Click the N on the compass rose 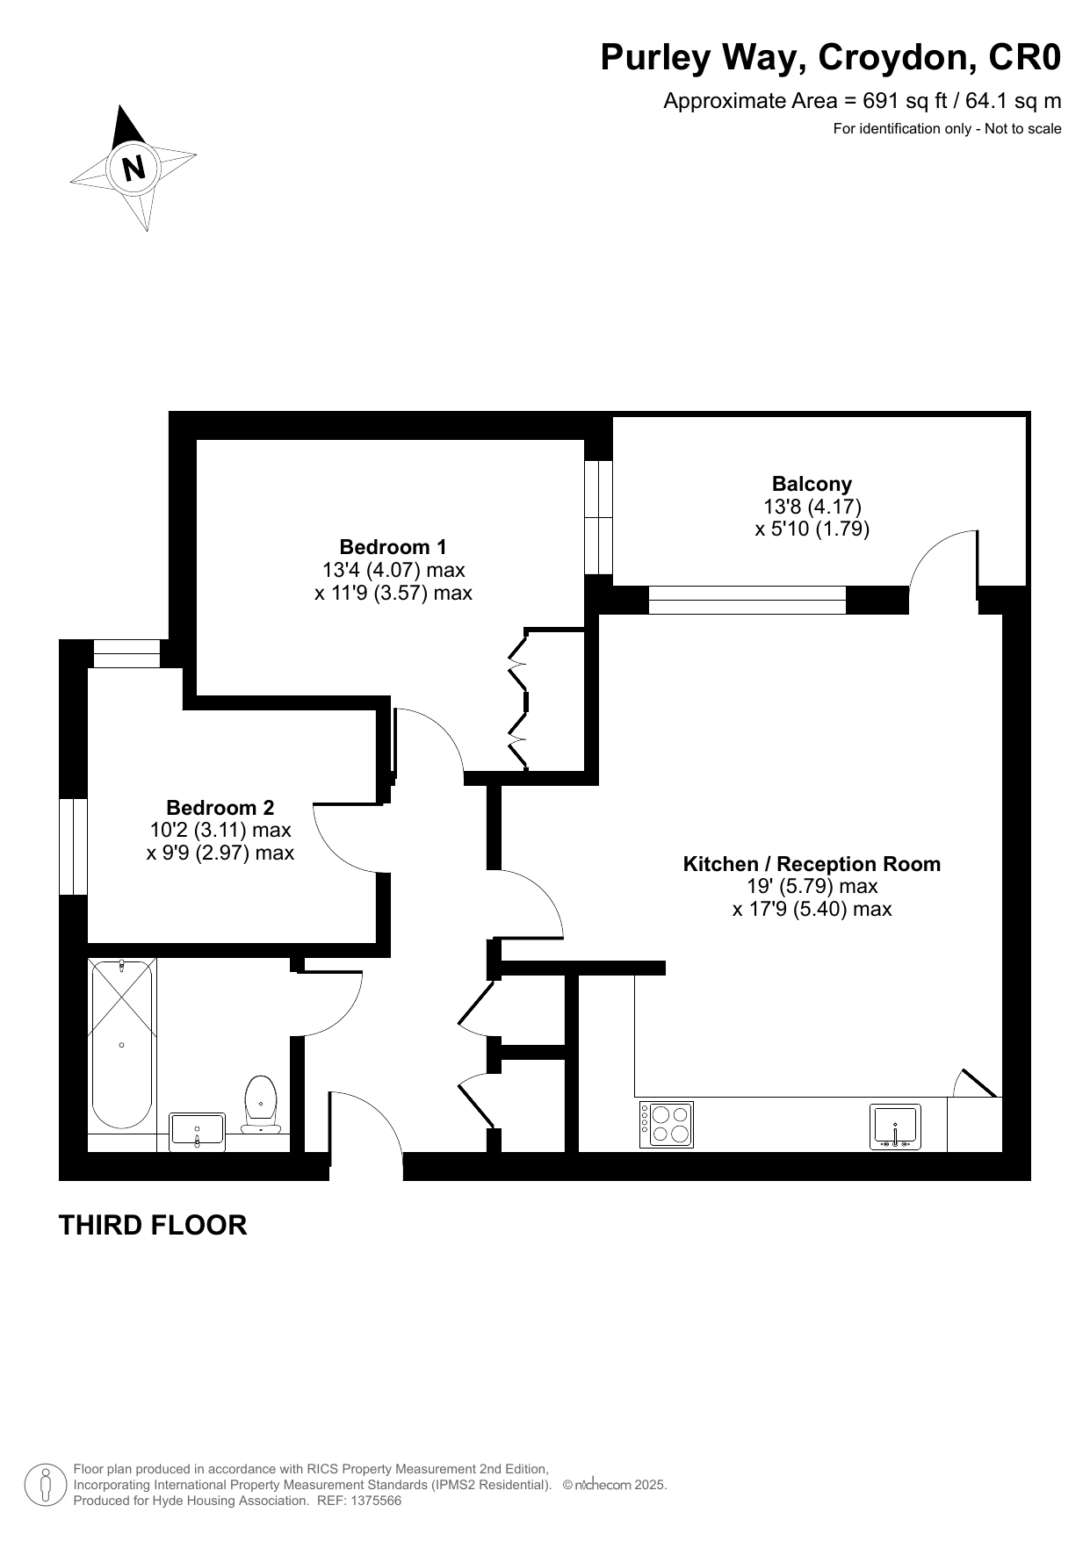point(134,167)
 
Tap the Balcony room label point(812,484)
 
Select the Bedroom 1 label point(393,547)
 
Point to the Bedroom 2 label point(220,808)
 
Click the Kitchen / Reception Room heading point(812,864)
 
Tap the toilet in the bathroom point(261,1105)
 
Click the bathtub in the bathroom point(121,1044)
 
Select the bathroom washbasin point(198,1131)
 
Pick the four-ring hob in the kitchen point(667,1125)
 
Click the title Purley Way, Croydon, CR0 point(831,58)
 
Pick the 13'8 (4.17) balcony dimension point(812,507)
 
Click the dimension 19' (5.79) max point(812,887)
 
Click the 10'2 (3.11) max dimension point(220,830)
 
